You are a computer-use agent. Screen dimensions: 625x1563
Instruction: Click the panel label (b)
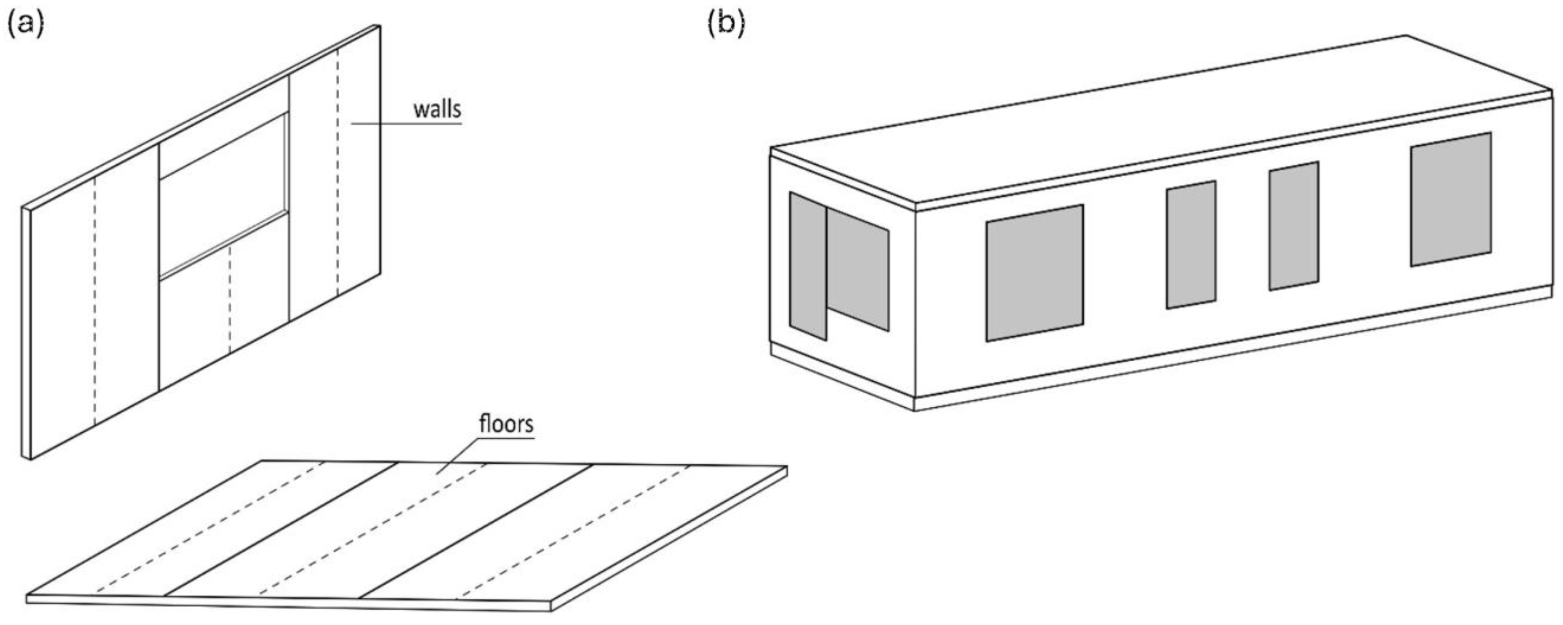click(x=726, y=24)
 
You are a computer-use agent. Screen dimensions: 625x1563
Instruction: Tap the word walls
click(x=437, y=109)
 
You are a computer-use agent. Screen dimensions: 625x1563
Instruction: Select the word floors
click(x=506, y=424)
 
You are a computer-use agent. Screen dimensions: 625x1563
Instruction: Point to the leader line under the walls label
click(x=406, y=124)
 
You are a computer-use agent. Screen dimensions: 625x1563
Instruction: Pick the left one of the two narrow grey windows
click(x=1191, y=244)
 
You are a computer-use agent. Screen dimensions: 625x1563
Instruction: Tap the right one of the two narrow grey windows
click(x=1294, y=226)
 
